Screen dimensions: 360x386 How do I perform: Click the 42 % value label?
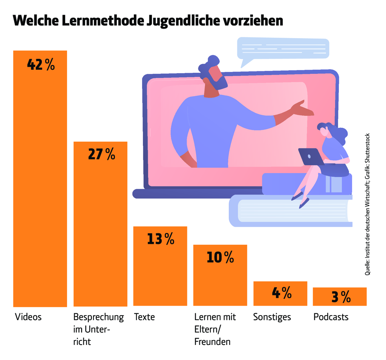(x=41, y=65)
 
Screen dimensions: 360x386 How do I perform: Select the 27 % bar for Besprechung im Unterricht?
(x=100, y=226)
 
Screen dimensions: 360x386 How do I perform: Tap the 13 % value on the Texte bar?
(x=161, y=239)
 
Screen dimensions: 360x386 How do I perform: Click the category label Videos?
(x=28, y=317)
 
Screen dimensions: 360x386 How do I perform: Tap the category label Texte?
(x=144, y=317)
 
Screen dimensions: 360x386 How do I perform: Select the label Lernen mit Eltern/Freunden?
(x=215, y=329)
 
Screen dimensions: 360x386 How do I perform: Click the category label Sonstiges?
(x=272, y=317)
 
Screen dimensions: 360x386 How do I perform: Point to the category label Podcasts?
(x=331, y=317)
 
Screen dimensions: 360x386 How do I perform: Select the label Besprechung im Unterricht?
(x=98, y=329)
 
